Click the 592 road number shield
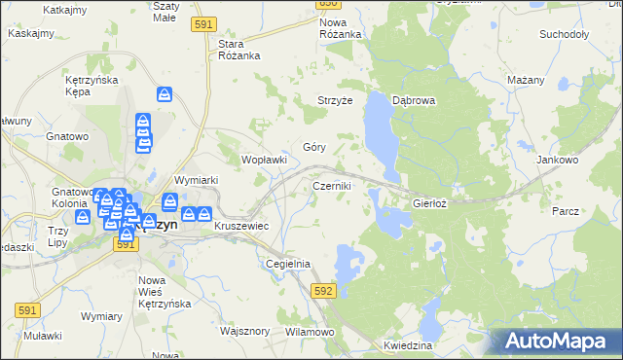(324, 290)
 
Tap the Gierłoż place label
(429, 204)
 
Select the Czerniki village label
(332, 185)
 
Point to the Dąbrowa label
(413, 100)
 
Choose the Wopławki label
(264, 160)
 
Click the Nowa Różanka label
(340, 28)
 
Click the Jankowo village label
(558, 159)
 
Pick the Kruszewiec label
(241, 226)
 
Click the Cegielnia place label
(288, 264)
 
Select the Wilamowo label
(310, 332)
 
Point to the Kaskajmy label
(30, 32)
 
